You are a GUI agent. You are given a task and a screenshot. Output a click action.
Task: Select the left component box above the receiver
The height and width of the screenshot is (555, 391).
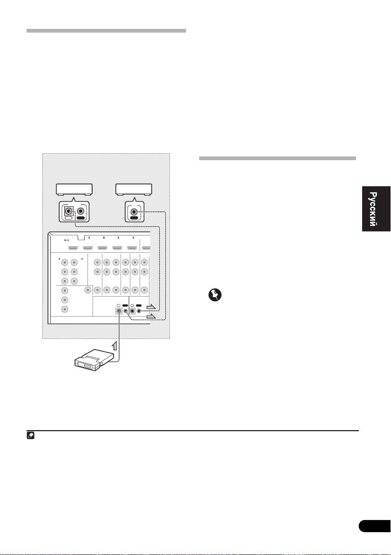pyautogui.click(x=74, y=189)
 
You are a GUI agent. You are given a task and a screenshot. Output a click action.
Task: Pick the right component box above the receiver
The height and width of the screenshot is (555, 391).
pyautogui.click(x=133, y=189)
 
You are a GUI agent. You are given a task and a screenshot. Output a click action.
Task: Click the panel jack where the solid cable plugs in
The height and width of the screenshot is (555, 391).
pyautogui.click(x=120, y=311)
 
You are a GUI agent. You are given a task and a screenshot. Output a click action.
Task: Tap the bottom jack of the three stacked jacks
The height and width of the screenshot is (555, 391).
pyautogui.click(x=65, y=309)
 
